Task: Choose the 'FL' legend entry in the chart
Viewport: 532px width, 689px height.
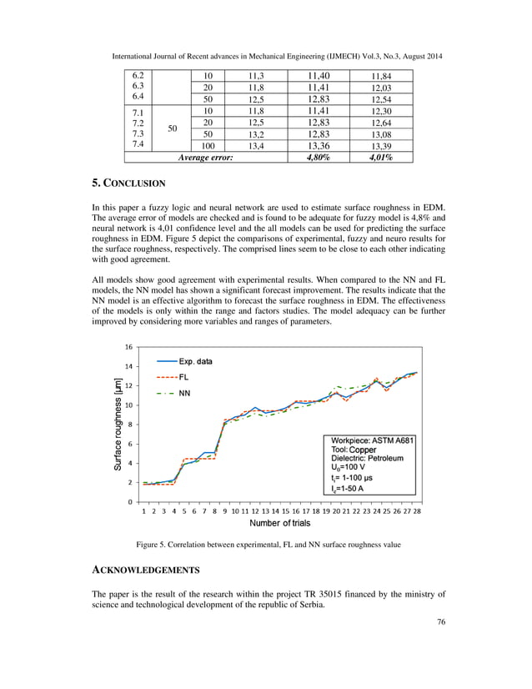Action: [x=183, y=377]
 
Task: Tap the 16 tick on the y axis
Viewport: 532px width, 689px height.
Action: [x=128, y=347]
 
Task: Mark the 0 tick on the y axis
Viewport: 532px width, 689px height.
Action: [x=130, y=501]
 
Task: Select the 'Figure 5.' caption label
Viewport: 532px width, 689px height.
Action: [x=156, y=546]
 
